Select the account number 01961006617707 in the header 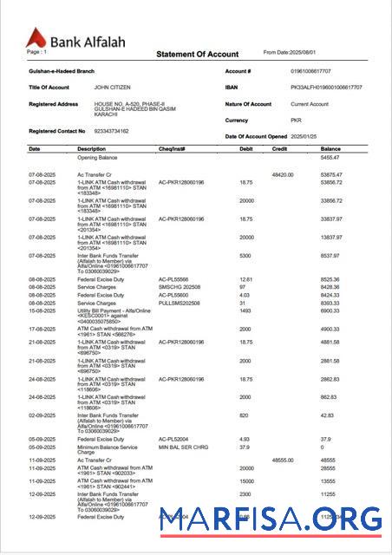click(x=314, y=71)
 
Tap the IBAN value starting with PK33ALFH click(x=326, y=88)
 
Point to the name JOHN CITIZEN click(x=113, y=88)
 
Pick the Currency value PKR click(x=296, y=121)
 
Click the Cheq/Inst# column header click(x=172, y=149)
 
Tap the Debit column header click(x=246, y=149)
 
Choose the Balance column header click(x=330, y=149)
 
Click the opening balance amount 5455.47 click(x=330, y=158)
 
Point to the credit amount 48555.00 click(x=284, y=459)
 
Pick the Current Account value click(x=310, y=104)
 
